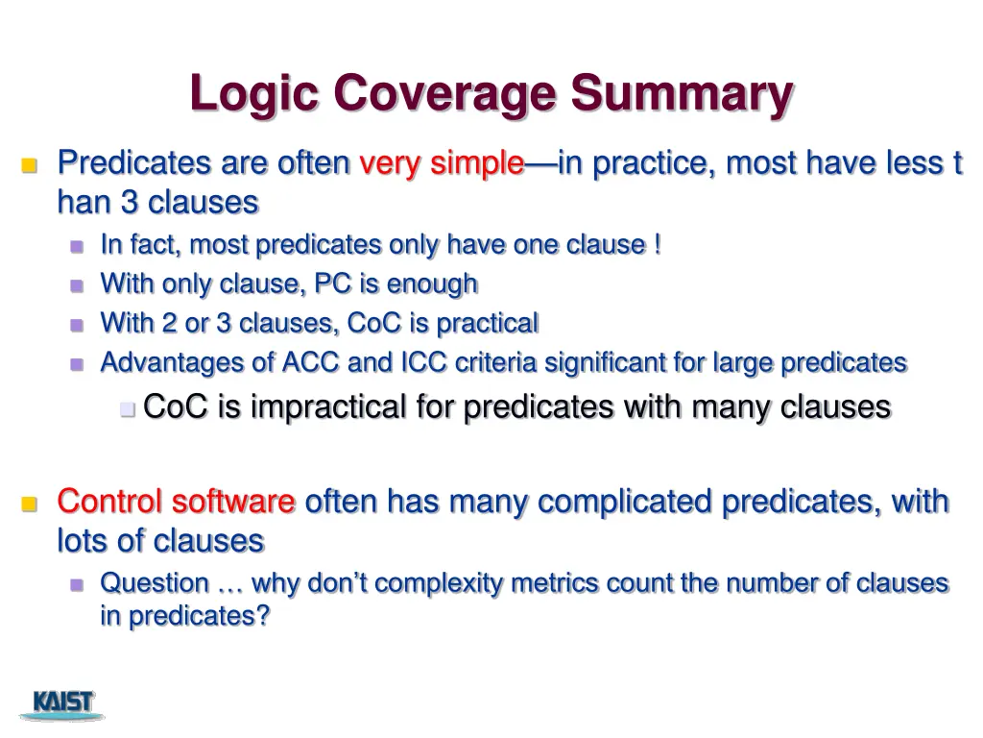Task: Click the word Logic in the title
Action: (255, 94)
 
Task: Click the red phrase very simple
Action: (442, 163)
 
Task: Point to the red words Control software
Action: (176, 502)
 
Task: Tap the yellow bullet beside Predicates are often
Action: (29, 165)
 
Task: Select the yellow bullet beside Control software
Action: (29, 504)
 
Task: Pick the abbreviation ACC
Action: (306, 362)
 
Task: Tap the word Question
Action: (155, 583)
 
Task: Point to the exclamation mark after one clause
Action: (657, 245)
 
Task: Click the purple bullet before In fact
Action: (78, 246)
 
